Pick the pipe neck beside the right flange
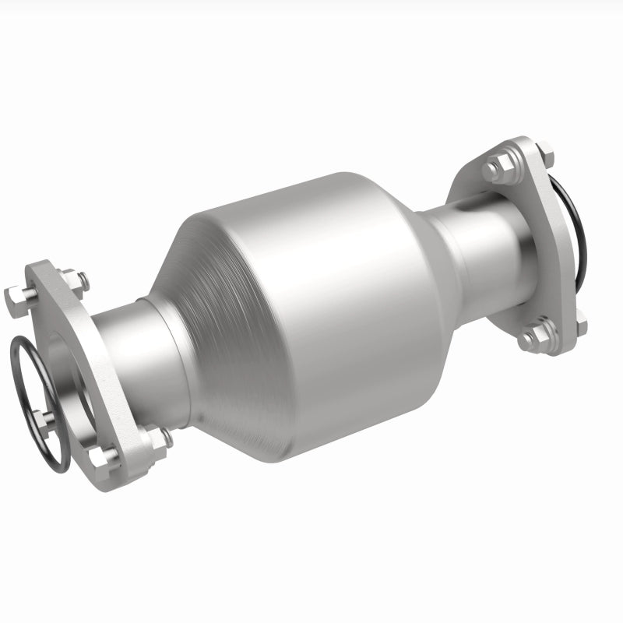[483, 241]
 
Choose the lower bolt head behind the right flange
[579, 319]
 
